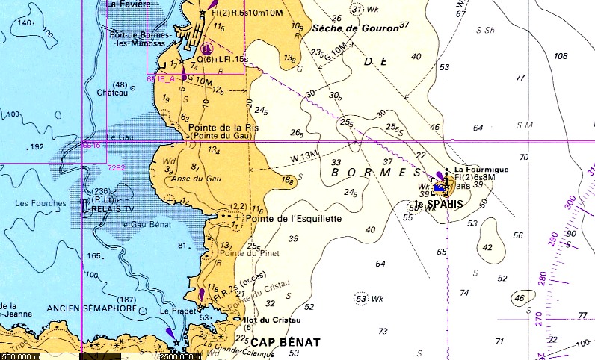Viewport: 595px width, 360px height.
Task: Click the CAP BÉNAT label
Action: (x=285, y=342)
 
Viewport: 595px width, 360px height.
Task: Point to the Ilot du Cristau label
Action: (x=268, y=320)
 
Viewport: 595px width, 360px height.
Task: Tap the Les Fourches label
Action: (x=37, y=202)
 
